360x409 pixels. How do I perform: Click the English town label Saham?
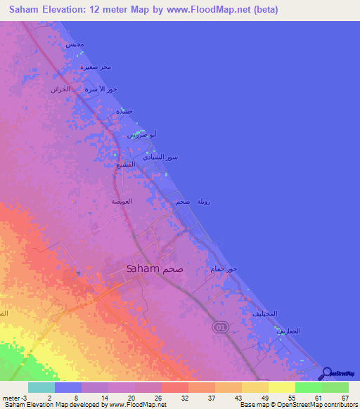coord(143,268)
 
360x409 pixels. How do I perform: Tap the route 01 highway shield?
coord(219,327)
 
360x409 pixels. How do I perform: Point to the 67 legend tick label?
coord(345,397)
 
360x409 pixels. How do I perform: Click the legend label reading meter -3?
coord(15,397)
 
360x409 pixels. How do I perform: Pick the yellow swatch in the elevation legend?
coord(281,387)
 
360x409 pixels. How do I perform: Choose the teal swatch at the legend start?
coord(41,387)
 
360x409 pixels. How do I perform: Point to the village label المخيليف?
coord(264,313)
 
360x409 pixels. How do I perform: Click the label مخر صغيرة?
coord(96,67)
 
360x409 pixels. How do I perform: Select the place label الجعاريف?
coord(288,330)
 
